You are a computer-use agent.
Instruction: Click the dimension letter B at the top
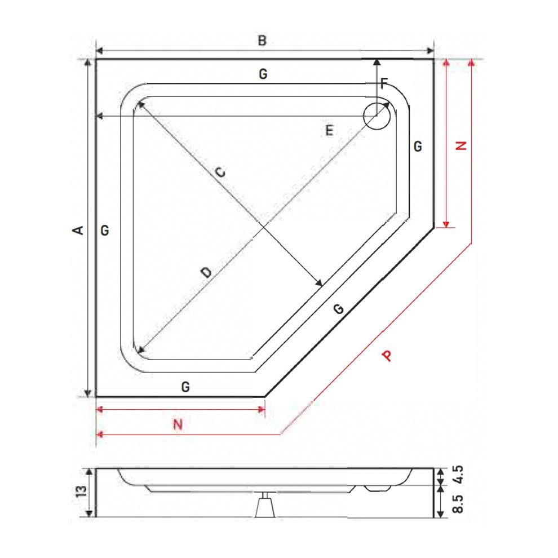click(x=262, y=41)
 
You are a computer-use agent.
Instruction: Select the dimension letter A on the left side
click(x=78, y=231)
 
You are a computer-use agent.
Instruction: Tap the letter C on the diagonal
click(x=220, y=172)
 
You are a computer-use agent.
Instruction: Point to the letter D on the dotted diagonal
click(x=206, y=273)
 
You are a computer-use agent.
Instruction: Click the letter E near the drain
click(x=330, y=131)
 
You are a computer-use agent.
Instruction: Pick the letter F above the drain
click(x=384, y=83)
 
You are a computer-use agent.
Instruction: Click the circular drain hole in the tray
click(x=377, y=116)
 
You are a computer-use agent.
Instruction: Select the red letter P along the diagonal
click(x=388, y=356)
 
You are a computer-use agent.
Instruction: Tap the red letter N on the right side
click(x=461, y=145)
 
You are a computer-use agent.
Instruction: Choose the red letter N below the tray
click(x=178, y=424)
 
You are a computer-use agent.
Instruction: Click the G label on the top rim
click(x=263, y=74)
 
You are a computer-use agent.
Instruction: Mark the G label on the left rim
click(x=105, y=231)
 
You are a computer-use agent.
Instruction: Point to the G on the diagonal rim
click(x=339, y=309)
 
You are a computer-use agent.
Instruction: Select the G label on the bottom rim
click(x=185, y=387)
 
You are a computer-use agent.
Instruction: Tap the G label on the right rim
click(x=418, y=146)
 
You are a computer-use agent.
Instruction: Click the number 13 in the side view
click(x=82, y=491)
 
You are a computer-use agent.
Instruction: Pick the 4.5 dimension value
click(x=458, y=475)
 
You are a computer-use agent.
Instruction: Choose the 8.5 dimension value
click(x=458, y=504)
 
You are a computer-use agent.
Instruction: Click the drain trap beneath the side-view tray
click(x=265, y=505)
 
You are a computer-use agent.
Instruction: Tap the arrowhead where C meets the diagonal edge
click(x=318, y=282)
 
